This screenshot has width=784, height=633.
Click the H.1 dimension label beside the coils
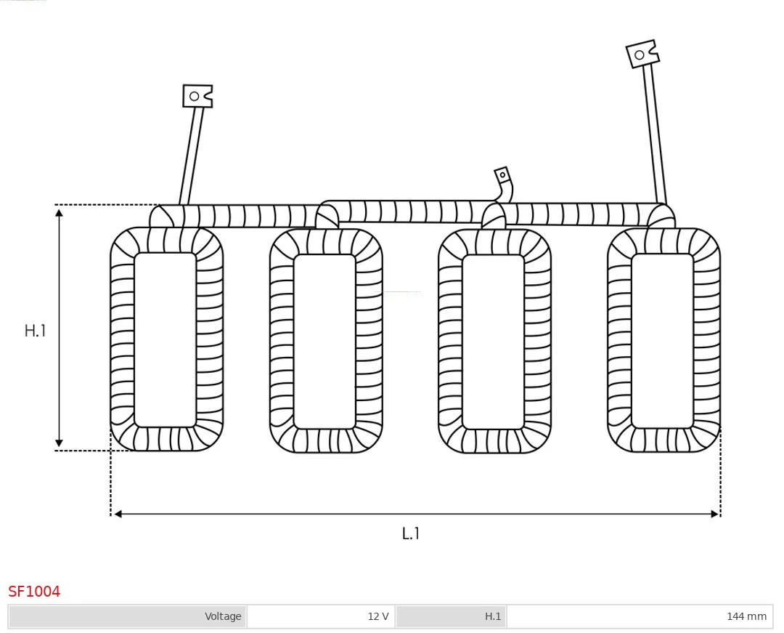coord(35,330)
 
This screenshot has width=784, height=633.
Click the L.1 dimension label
coord(410,533)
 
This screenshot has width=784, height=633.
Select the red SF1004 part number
coord(34,592)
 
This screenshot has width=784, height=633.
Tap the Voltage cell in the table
coord(128,616)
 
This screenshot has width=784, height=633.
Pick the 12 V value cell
coord(321,616)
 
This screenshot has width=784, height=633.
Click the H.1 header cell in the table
coord(451,616)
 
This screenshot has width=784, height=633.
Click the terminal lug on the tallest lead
coord(642,53)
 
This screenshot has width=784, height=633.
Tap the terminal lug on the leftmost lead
coord(197,96)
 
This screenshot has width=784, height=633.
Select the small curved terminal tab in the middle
coord(504,182)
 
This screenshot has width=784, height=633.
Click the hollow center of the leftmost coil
coord(165,340)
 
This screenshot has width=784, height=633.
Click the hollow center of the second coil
coord(324,342)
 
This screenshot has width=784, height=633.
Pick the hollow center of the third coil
coord(494,342)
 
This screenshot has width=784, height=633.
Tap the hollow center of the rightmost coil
coord(663,341)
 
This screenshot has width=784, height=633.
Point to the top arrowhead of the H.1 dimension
coord(59,213)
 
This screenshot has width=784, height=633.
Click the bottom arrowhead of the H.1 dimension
coord(59,443)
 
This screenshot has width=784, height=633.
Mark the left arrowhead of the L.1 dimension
coord(118,514)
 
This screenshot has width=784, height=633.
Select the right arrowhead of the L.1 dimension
coord(714,514)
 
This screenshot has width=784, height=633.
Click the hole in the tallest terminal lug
coord(639,55)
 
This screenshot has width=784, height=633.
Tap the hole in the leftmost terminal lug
coord(195,96)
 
